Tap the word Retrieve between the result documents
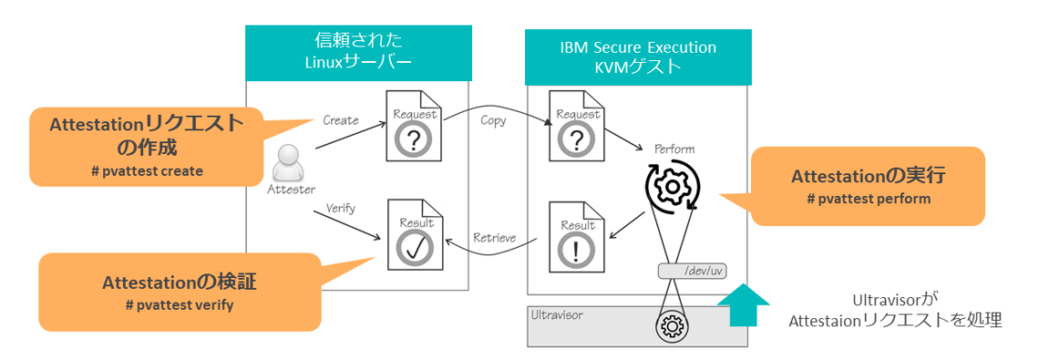coord(494,238)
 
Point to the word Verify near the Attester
coord(339,209)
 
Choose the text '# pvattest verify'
coord(180,304)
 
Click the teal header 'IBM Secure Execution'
coord(638,47)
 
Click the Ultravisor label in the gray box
coord(556,314)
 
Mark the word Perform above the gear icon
coord(674,148)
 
